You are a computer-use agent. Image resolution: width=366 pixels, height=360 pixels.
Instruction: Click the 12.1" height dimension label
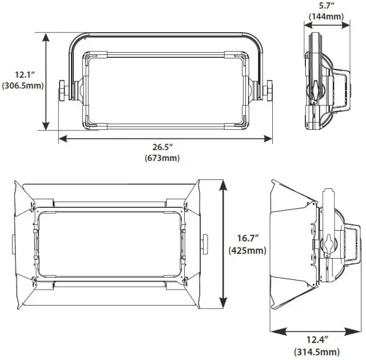[22, 74]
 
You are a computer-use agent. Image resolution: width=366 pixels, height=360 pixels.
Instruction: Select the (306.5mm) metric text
[23, 86]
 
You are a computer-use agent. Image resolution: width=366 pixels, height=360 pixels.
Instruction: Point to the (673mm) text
[165, 159]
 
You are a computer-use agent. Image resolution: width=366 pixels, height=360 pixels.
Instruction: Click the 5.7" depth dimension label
[326, 6]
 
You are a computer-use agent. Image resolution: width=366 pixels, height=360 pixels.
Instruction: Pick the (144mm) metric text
[326, 17]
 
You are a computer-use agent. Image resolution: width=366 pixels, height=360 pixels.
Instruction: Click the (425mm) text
[248, 250]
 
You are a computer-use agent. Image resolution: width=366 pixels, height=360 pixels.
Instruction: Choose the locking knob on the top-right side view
[315, 89]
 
